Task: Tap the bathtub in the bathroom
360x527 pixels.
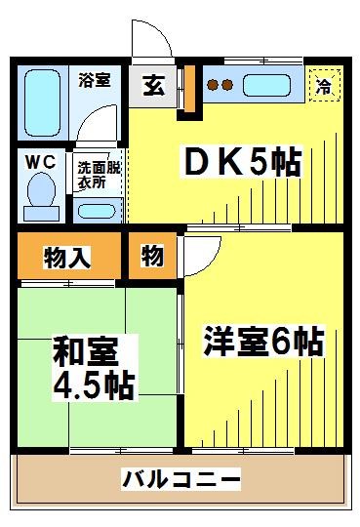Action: (41, 101)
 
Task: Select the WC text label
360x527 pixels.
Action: (38, 159)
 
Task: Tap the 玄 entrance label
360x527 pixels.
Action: (153, 85)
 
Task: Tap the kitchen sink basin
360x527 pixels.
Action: (266, 84)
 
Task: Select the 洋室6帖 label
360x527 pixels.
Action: (262, 343)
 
